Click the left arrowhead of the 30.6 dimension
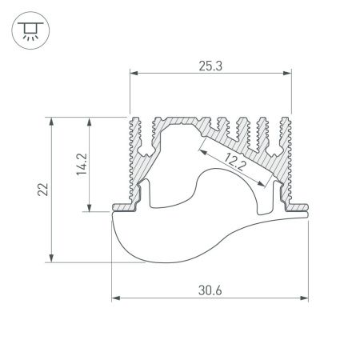[114, 298]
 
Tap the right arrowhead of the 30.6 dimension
[306, 298]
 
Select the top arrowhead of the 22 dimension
[51, 120]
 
